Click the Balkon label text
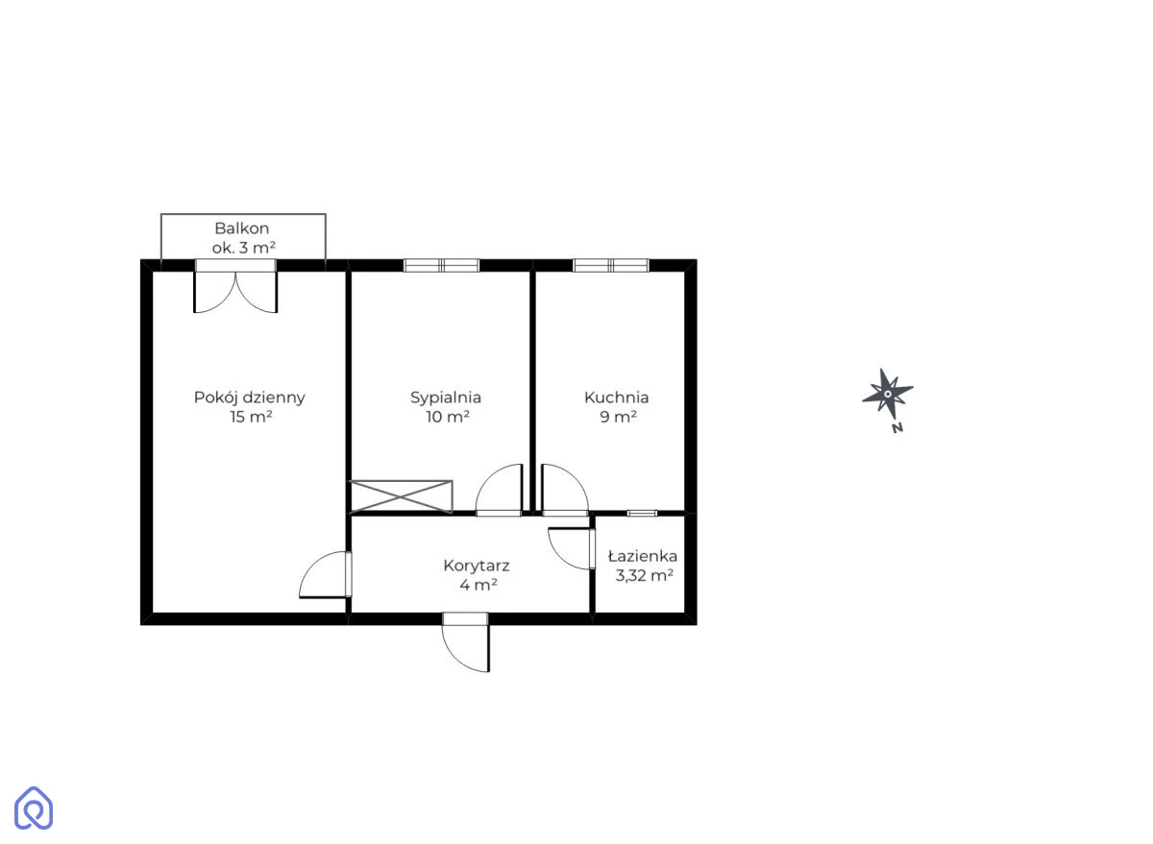[x=241, y=229]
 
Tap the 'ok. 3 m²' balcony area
[x=243, y=248]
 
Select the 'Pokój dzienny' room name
[x=250, y=398]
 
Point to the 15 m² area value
[x=251, y=417]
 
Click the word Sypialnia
[x=446, y=398]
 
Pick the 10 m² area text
[x=448, y=417]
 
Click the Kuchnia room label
[x=616, y=398]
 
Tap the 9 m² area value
[x=618, y=417]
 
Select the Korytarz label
[x=477, y=567]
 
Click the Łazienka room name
[x=643, y=557]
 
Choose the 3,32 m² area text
[x=645, y=575]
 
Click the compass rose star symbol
[x=888, y=394]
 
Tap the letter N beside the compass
[x=897, y=428]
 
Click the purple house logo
[x=34, y=808]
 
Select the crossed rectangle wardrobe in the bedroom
[x=401, y=496]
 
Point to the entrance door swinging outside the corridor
[x=466, y=642]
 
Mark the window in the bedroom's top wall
[x=441, y=265]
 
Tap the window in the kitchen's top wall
[x=610, y=265]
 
